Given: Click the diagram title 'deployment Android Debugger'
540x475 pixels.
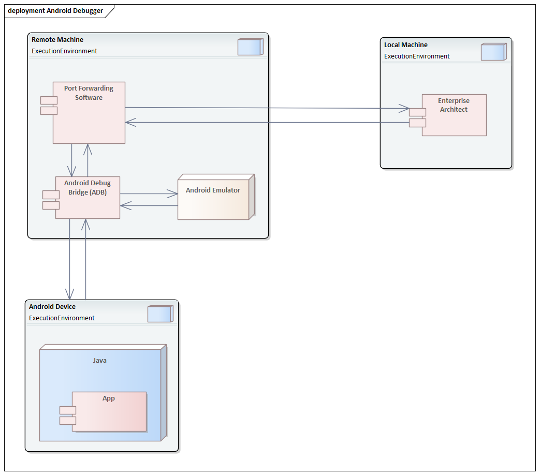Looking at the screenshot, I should (x=55, y=11).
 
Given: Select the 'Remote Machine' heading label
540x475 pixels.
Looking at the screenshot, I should (x=57, y=40).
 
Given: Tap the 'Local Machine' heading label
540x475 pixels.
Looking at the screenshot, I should (x=406, y=45).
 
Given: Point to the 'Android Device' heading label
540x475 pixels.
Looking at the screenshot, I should (x=52, y=307).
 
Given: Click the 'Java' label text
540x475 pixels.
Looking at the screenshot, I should (x=100, y=361).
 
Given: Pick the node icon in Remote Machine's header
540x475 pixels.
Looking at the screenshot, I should (x=251, y=47).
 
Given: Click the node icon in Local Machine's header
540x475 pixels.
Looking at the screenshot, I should (x=493, y=52).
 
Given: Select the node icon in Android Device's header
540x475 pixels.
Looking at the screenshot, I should (x=160, y=314).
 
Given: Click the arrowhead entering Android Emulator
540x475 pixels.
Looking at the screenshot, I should (x=172, y=194).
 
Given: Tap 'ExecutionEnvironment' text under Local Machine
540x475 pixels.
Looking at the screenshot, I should (x=417, y=56).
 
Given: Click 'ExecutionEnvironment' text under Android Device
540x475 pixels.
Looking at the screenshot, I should (x=62, y=318).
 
